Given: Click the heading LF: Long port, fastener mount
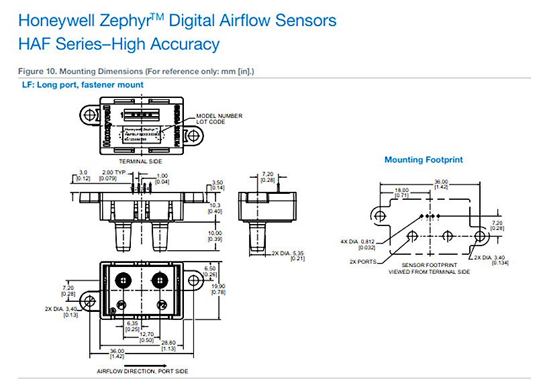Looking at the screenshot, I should [x=83, y=85].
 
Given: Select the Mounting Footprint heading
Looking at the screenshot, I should [x=424, y=160].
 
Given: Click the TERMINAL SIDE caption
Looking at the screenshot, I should [x=140, y=162].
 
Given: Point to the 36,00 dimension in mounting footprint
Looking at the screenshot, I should [x=440, y=182].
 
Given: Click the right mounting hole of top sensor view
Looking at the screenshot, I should [x=193, y=135].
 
